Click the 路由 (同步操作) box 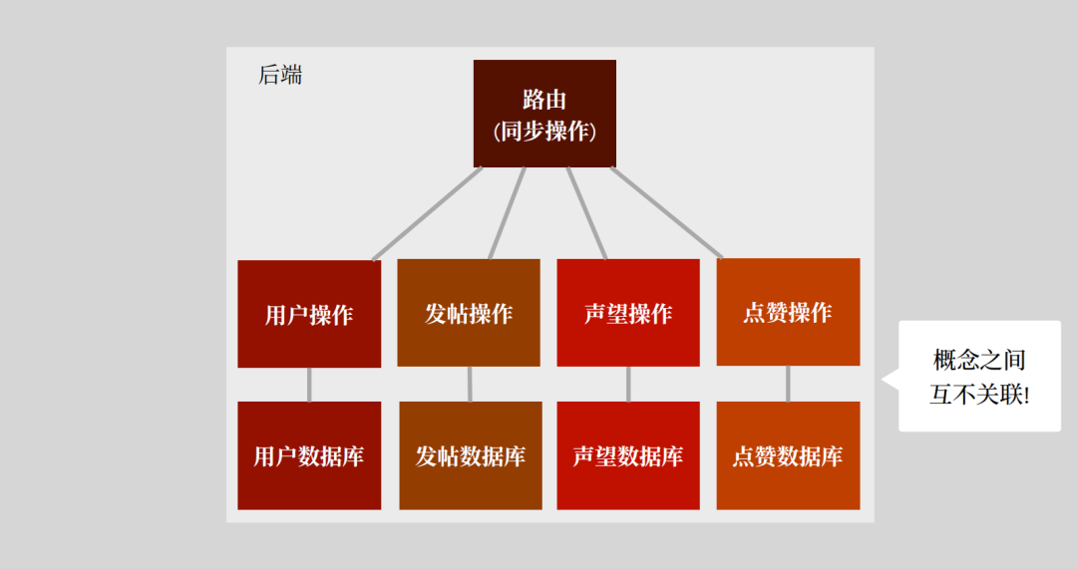tap(544, 114)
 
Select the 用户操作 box tap(309, 314)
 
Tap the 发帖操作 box tap(469, 313)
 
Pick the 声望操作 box tap(628, 313)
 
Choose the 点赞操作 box tap(788, 312)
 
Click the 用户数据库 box tap(309, 455)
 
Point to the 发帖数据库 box tap(471, 455)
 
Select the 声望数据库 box tap(628, 455)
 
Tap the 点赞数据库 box tap(788, 455)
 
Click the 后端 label tap(280, 75)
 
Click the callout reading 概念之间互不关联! tap(979, 376)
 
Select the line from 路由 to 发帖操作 tap(507, 213)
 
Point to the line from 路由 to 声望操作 tap(586, 213)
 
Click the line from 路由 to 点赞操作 tap(666, 211)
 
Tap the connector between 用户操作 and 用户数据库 tap(309, 385)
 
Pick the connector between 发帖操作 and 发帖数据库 tap(470, 384)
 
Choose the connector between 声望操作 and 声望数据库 tap(628, 384)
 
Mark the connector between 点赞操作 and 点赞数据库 tap(788, 384)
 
